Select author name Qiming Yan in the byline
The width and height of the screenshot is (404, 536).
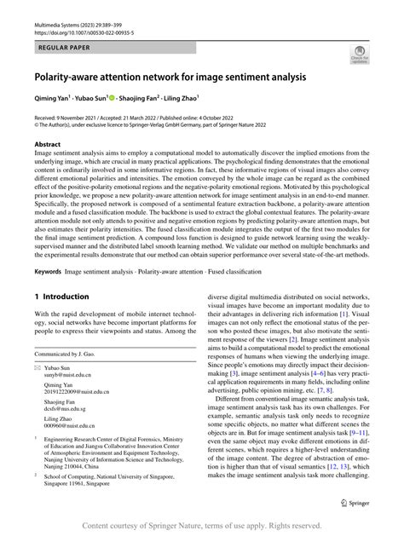pyautogui.click(x=53, y=97)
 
